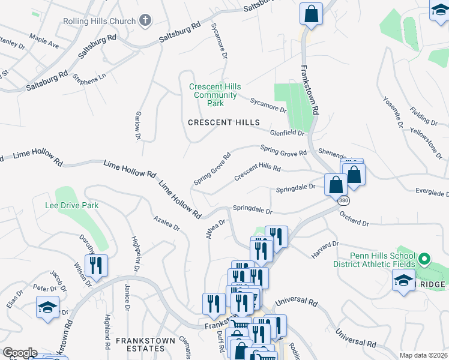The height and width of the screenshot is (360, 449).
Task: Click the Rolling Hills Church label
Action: pos(99,22)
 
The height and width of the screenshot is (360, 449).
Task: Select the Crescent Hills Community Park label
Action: pos(213,95)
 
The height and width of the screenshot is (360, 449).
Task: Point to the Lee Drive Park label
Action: pos(71,205)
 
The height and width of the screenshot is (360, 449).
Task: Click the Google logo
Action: pos(19,353)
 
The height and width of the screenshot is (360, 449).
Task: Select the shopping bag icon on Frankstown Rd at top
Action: pos(312,14)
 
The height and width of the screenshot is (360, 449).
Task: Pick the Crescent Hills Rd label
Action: pos(258,173)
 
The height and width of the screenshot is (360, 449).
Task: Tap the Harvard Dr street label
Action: pos(325,250)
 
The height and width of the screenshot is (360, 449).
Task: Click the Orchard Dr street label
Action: pos(354,218)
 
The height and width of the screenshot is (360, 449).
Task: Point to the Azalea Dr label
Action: pos(166,223)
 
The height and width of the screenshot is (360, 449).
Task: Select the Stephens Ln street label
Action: pos(88,77)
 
